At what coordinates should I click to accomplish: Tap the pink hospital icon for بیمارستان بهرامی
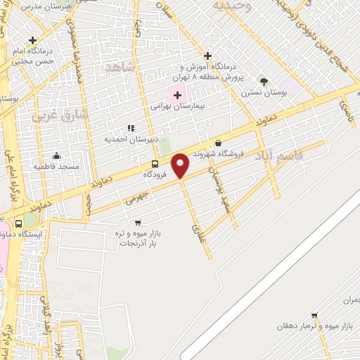tap(177, 95)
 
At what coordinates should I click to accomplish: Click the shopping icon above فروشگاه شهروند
tap(218, 143)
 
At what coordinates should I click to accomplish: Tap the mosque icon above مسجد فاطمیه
tap(57, 155)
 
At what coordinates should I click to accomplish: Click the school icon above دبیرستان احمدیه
tap(130, 129)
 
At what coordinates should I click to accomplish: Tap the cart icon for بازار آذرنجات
tap(137, 222)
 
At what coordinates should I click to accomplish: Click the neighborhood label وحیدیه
tap(232, 5)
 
